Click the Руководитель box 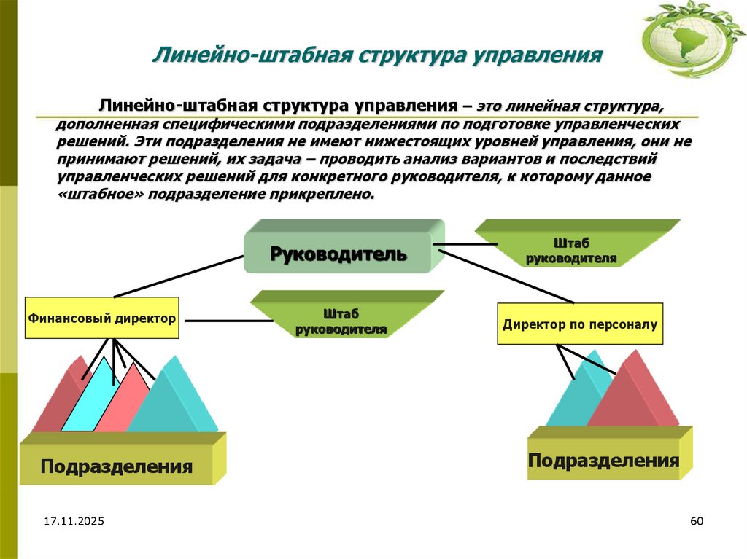pyautogui.click(x=338, y=253)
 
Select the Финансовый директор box pyautogui.click(x=102, y=318)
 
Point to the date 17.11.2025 pyautogui.click(x=74, y=522)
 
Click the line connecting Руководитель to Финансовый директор pyautogui.click(x=179, y=276)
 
